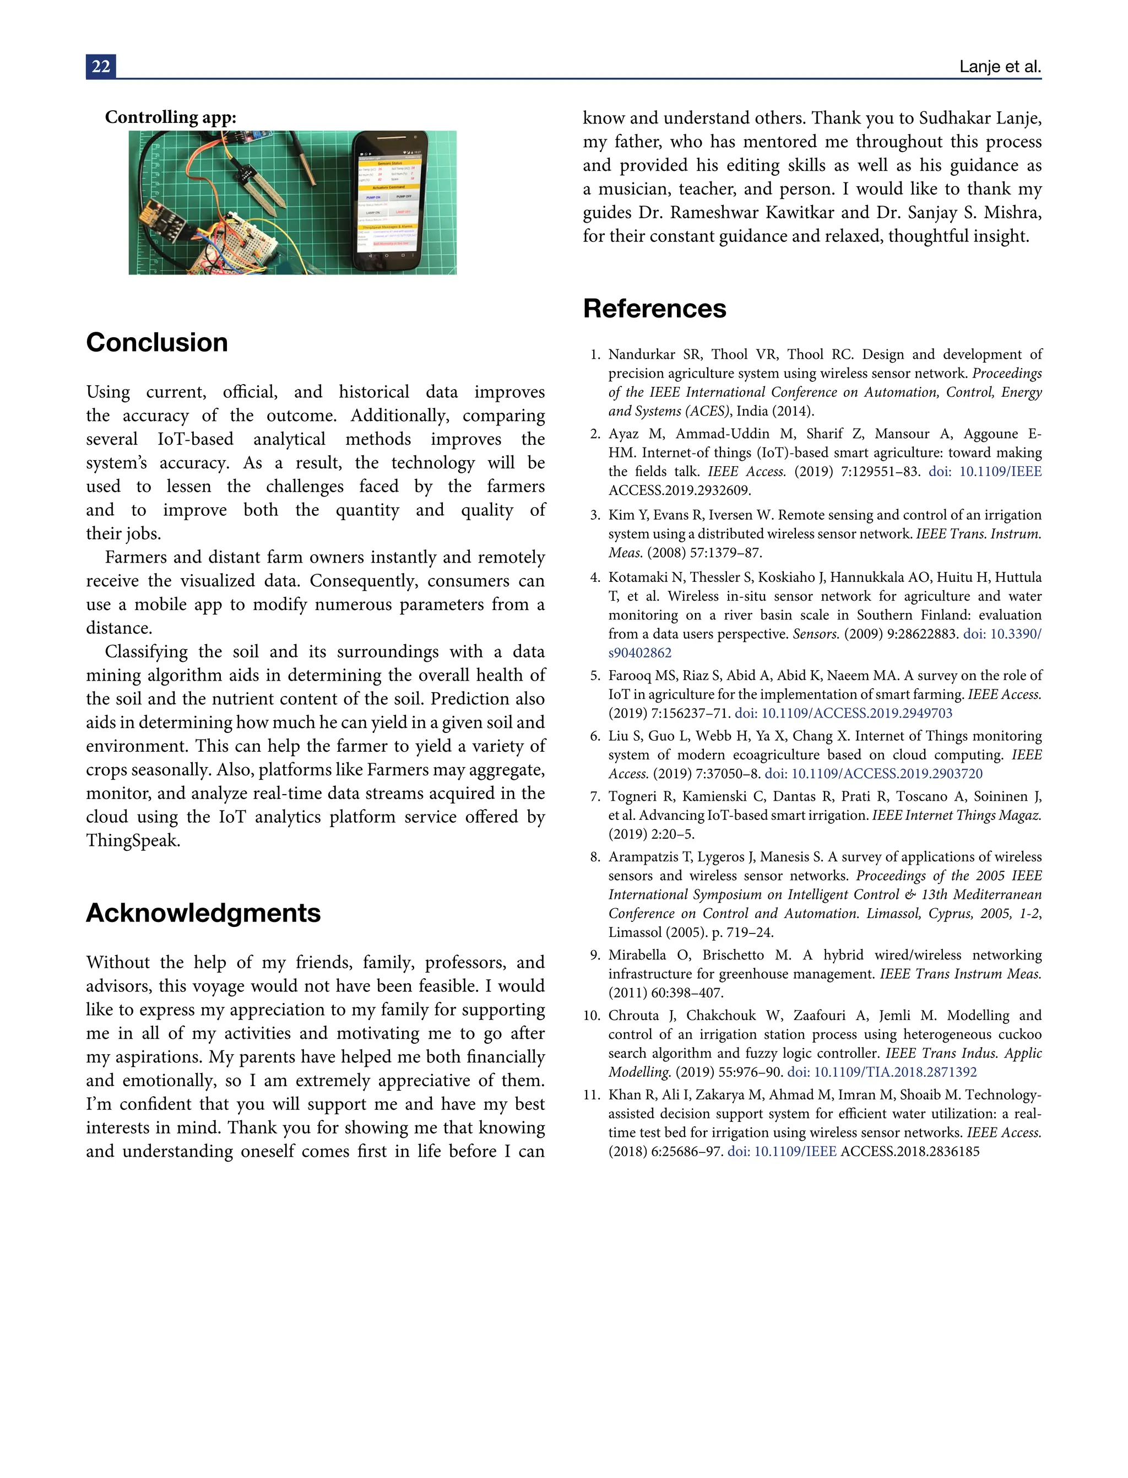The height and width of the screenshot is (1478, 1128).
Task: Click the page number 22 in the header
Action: pyautogui.click(x=101, y=67)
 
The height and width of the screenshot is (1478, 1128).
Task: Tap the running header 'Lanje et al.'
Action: pyautogui.click(x=1000, y=67)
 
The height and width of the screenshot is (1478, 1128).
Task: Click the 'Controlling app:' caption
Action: pyautogui.click(x=171, y=117)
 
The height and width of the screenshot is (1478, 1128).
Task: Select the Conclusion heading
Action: pyautogui.click(x=156, y=343)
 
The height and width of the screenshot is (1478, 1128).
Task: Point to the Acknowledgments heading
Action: pyautogui.click(x=203, y=913)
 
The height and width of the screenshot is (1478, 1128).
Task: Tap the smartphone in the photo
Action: pyautogui.click(x=389, y=202)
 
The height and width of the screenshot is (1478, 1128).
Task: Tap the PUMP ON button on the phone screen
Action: pyautogui.click(x=373, y=197)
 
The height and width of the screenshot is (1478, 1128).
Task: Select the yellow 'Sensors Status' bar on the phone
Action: pyautogui.click(x=389, y=163)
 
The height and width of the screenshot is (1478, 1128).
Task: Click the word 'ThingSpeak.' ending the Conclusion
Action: pyautogui.click(x=133, y=840)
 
